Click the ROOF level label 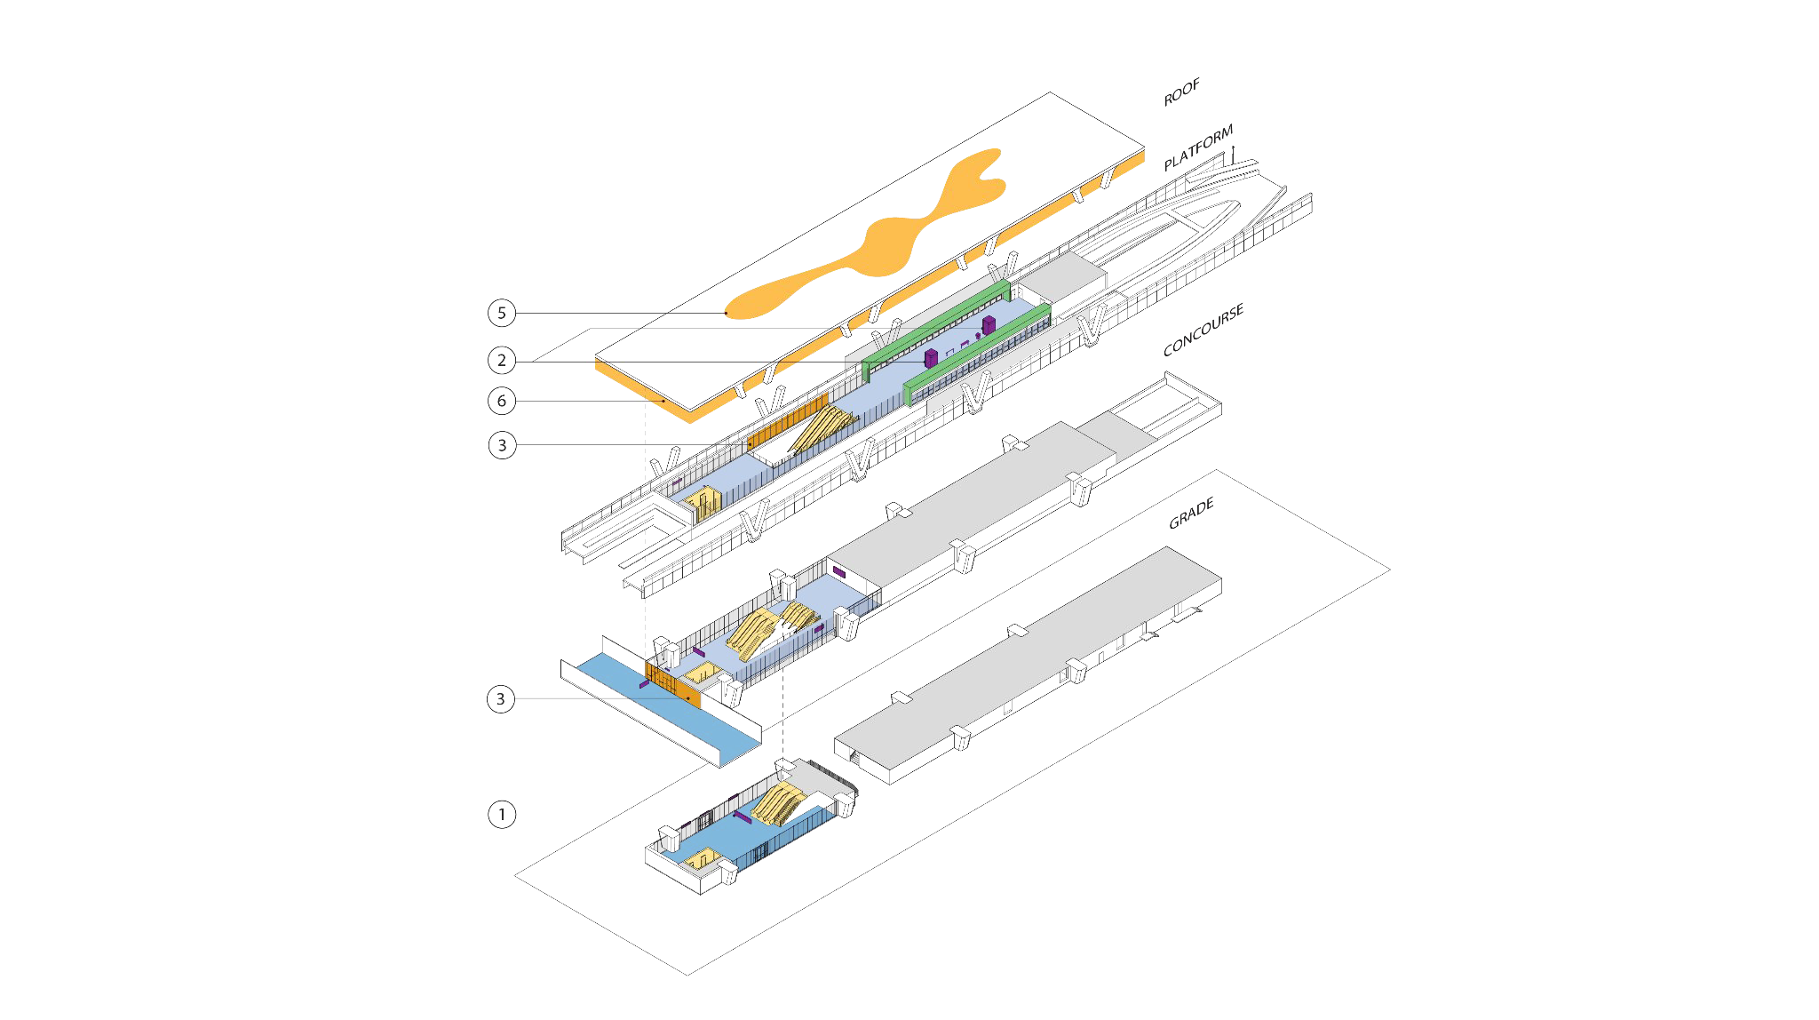1181,92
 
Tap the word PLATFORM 1198,147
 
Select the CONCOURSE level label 1203,330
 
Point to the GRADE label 1191,514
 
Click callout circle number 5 502,313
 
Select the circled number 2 502,360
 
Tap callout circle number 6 502,401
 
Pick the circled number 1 502,814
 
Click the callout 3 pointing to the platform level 502,444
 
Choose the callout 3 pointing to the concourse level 501,699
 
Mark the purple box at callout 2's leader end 931,358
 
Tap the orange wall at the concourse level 672,683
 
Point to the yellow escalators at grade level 780,804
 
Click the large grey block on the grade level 1030,662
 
